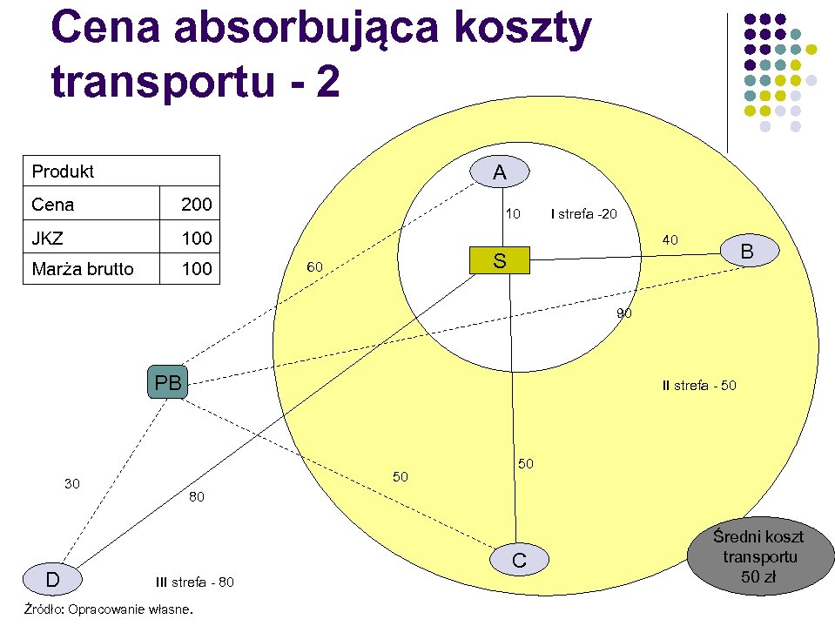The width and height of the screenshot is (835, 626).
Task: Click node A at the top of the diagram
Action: tap(499, 172)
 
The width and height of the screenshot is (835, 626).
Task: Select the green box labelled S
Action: tap(499, 260)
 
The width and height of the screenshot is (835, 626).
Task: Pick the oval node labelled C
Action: tap(520, 561)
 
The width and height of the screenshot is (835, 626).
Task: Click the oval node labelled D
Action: tap(52, 579)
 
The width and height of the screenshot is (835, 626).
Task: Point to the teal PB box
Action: tap(168, 382)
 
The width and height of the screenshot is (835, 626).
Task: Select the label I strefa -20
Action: tap(584, 213)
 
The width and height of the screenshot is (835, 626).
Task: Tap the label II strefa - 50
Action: tap(699, 385)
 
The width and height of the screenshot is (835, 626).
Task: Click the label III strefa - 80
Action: tap(194, 582)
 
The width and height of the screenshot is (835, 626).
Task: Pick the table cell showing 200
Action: tap(196, 205)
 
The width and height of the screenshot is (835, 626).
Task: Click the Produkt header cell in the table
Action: tap(63, 172)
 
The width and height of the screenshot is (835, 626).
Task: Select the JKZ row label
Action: tap(47, 238)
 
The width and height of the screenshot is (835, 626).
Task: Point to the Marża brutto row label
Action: tap(83, 269)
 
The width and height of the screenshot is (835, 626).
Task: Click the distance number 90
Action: tap(624, 313)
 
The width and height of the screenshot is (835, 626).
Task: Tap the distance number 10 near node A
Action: tap(514, 213)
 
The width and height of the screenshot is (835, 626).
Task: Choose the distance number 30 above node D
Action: tap(72, 483)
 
